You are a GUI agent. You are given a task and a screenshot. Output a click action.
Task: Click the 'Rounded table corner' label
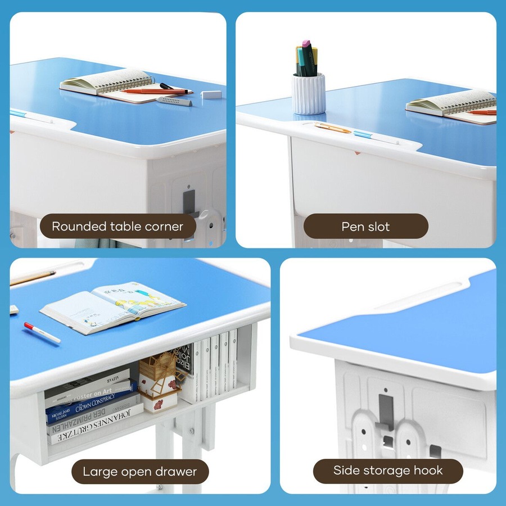(x=118, y=227)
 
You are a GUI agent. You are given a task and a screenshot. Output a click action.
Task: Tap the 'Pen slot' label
(x=365, y=227)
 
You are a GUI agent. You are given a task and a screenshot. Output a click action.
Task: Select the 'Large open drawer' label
(x=140, y=472)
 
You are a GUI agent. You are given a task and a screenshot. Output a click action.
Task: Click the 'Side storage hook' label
(x=388, y=471)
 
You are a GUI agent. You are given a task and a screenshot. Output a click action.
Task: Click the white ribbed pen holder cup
(x=308, y=94)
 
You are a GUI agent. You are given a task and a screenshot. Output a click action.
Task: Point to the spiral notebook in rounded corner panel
(x=107, y=82)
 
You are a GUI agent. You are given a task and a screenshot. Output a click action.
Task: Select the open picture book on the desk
(x=112, y=306)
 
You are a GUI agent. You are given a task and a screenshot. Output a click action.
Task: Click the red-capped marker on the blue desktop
(x=42, y=332)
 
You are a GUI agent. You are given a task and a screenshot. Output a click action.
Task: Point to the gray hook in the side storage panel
(x=385, y=410)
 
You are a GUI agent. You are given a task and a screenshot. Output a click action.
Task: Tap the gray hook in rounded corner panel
(x=189, y=202)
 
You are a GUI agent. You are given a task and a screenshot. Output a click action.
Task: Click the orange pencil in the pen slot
(x=333, y=128)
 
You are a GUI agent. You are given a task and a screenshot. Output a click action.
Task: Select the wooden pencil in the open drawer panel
(x=33, y=278)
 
